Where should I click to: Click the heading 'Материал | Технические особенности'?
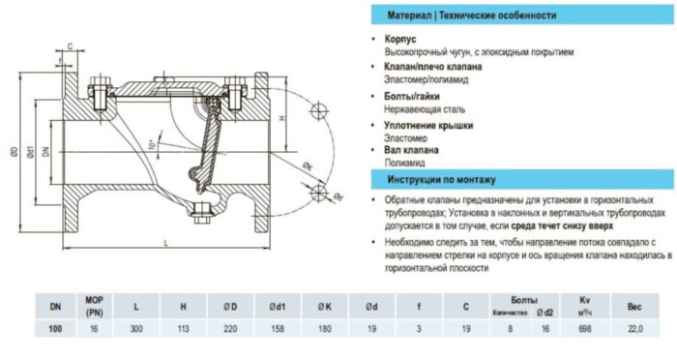click(471, 16)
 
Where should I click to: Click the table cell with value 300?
click(136, 330)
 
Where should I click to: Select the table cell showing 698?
click(582, 330)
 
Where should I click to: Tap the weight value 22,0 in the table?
click(635, 330)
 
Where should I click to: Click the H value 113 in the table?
click(183, 330)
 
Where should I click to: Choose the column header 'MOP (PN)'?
click(95, 306)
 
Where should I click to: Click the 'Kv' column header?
click(582, 301)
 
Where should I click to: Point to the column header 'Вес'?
click(635, 306)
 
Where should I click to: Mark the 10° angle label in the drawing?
click(151, 144)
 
